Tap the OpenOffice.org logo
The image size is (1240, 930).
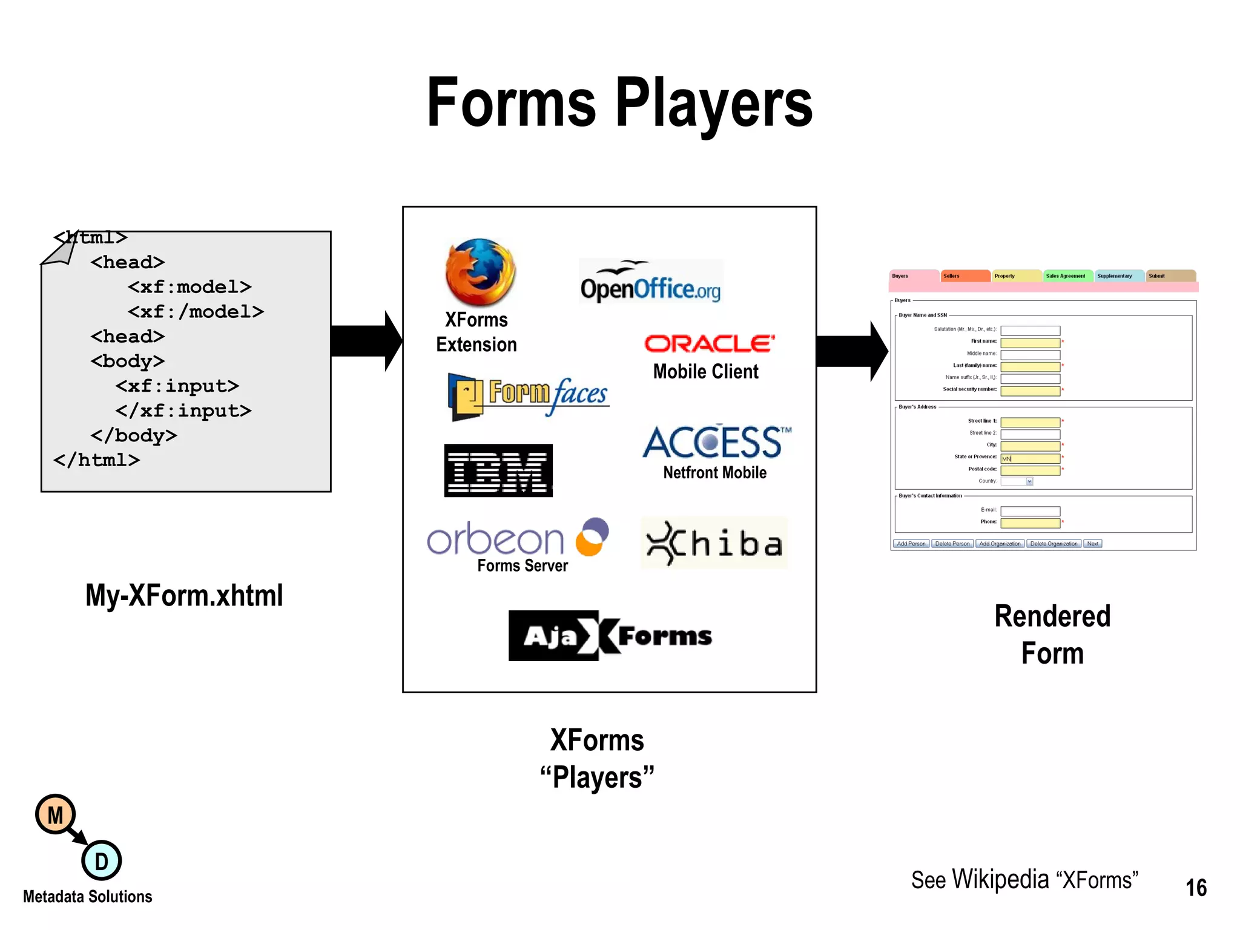tap(651, 283)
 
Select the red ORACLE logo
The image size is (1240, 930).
tap(709, 343)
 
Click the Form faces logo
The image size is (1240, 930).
tap(529, 395)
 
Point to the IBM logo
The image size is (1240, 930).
tap(498, 470)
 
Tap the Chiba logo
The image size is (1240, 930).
tap(714, 543)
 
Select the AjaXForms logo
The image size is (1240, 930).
tap(611, 636)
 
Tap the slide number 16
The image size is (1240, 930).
tap(1196, 888)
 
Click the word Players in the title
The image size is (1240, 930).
tap(714, 104)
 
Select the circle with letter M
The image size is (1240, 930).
tap(55, 815)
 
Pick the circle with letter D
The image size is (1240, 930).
tap(101, 860)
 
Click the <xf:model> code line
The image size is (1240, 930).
tap(190, 286)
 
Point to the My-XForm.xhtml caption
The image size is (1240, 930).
tap(184, 595)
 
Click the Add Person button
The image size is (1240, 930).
tap(911, 544)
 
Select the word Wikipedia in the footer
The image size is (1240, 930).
tap(1000, 880)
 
